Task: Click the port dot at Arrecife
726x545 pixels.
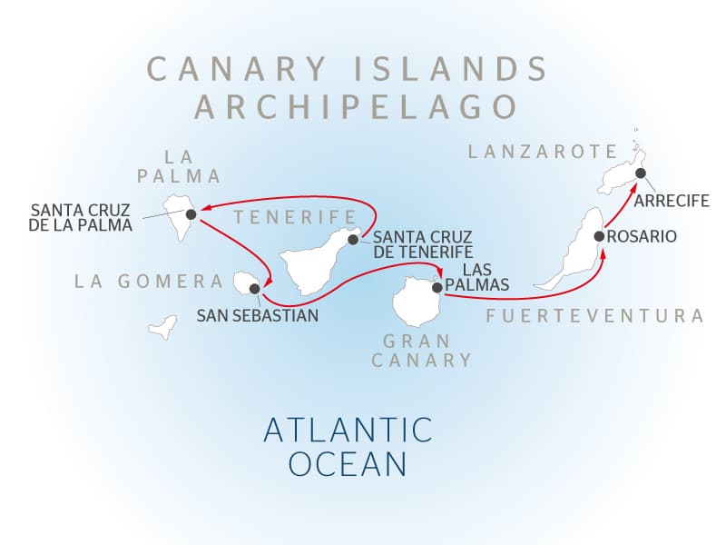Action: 640,173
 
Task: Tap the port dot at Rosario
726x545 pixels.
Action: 599,236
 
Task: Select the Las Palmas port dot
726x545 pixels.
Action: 437,287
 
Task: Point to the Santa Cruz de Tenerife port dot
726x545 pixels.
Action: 352,240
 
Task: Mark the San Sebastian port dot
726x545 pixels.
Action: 255,289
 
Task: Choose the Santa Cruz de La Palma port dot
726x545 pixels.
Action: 191,214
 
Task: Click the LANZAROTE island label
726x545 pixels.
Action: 542,152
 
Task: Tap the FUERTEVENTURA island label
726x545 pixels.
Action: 595,316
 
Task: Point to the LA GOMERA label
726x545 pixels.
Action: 149,282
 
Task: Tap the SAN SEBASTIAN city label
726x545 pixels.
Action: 258,316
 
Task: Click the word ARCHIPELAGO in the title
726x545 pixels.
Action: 357,106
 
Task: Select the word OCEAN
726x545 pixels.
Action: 348,464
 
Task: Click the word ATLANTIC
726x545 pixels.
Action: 347,429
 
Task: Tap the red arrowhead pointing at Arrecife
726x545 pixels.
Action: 633,184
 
